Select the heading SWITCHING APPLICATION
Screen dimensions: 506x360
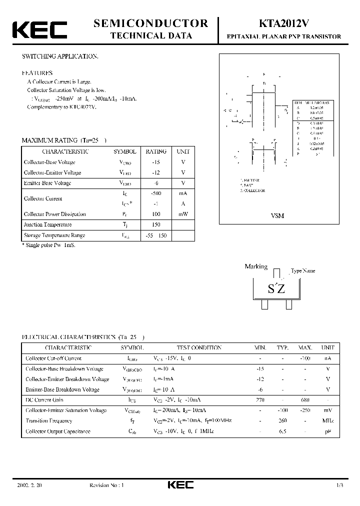(x=60, y=56)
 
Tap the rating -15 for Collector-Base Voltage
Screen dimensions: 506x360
(x=156, y=162)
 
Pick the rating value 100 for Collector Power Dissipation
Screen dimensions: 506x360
(x=156, y=214)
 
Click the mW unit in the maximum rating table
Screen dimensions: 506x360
(x=182, y=214)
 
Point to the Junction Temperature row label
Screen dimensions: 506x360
(x=48, y=224)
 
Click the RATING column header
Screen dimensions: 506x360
(x=156, y=151)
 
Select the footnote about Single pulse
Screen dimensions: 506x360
(x=48, y=245)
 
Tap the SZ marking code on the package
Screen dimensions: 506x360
(x=276, y=288)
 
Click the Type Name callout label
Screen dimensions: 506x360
(x=303, y=270)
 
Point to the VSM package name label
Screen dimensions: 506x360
(x=277, y=215)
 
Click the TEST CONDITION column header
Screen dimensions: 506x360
(x=199, y=347)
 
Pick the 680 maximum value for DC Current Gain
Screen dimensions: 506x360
(x=305, y=400)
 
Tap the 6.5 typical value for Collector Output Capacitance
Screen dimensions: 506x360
(x=282, y=431)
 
